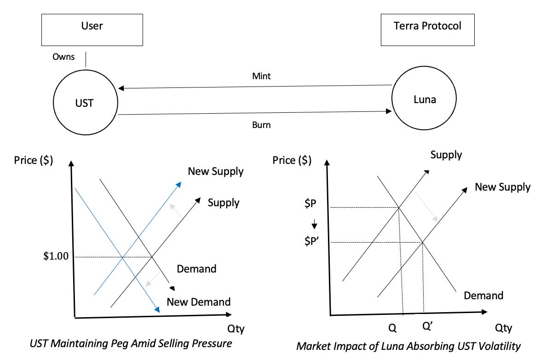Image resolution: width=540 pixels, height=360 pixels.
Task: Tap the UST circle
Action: point(85,103)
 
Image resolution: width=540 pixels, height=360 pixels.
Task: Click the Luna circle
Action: point(424,99)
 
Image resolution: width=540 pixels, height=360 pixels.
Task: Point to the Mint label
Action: point(261,76)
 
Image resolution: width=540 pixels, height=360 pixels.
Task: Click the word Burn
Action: point(261,124)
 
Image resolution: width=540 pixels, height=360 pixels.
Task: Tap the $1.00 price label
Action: point(55,256)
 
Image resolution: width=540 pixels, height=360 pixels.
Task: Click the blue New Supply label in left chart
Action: point(215,172)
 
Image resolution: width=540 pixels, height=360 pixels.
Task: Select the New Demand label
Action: point(198,302)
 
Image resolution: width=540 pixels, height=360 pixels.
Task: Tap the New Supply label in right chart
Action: point(502,187)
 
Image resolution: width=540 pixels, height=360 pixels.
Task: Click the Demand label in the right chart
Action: point(483,296)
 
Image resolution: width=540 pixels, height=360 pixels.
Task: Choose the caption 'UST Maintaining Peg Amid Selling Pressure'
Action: point(131,343)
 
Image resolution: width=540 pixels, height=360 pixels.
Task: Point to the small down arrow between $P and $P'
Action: point(315,225)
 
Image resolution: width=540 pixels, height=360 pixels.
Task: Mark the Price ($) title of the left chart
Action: point(33,160)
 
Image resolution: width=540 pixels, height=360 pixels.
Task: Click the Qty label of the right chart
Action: point(503,328)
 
